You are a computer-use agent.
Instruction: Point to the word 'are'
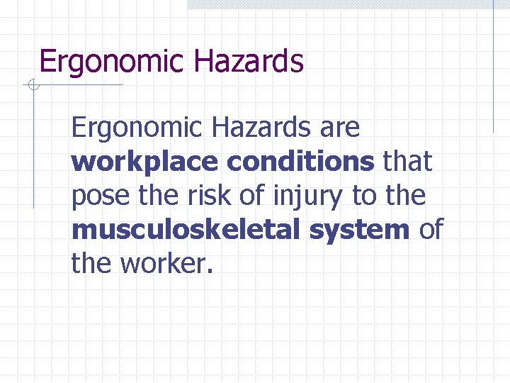coord(340,129)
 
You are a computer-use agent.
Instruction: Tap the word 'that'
coord(406,162)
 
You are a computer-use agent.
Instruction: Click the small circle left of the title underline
coord(33,86)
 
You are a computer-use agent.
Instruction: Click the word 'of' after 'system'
coord(431,230)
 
